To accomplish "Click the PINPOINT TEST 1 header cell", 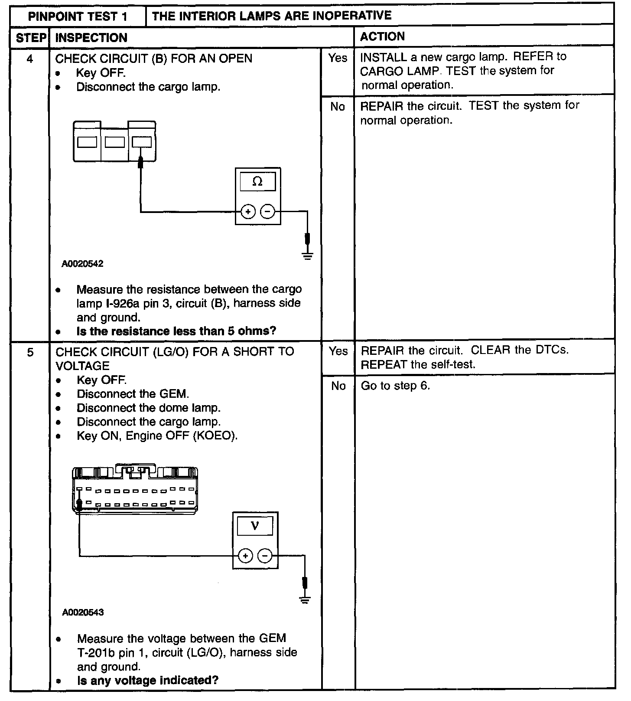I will pyautogui.click(x=78, y=16).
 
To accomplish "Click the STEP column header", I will pyautogui.click(x=30, y=38).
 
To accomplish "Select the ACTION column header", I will pyautogui.click(x=382, y=37).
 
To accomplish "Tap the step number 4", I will pyautogui.click(x=30, y=59).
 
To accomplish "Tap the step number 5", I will pyautogui.click(x=30, y=352).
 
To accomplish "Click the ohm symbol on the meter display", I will pyautogui.click(x=257, y=182).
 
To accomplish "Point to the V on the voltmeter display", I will pyautogui.click(x=255, y=526).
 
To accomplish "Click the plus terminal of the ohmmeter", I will pyautogui.click(x=248, y=212).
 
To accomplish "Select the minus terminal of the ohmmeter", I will pyautogui.click(x=267, y=212).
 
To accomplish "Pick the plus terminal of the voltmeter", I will pyautogui.click(x=245, y=556).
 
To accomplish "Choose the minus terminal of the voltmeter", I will pyautogui.click(x=265, y=556).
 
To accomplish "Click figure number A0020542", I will pyautogui.click(x=82, y=264).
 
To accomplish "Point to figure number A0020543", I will pyautogui.click(x=83, y=613).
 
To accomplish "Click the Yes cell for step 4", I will pyautogui.click(x=338, y=58).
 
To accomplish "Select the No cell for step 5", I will pyautogui.click(x=338, y=386).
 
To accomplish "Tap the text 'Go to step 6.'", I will pyautogui.click(x=395, y=386).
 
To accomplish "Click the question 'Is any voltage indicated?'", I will pyautogui.click(x=148, y=680).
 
